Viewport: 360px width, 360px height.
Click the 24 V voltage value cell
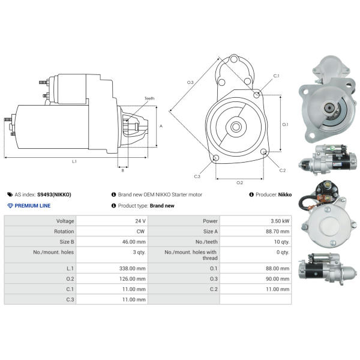tap(140, 221)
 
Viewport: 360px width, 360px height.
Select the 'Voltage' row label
tap(64, 221)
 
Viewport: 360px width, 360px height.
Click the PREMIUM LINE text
tap(32, 206)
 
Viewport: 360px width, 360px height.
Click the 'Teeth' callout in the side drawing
tap(149, 98)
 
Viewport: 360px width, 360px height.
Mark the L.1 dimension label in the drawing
tap(74, 161)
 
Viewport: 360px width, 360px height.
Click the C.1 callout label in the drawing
tap(277, 76)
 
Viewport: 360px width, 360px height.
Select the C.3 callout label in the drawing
tap(197, 176)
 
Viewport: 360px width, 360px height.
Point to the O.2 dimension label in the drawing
tap(239, 182)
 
